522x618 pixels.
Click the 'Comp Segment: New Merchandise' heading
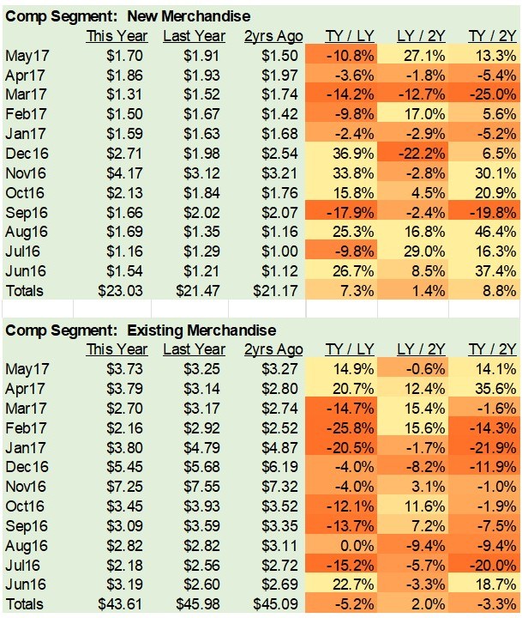point(128,15)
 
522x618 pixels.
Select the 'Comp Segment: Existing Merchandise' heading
point(141,330)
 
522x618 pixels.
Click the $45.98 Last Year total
point(198,604)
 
